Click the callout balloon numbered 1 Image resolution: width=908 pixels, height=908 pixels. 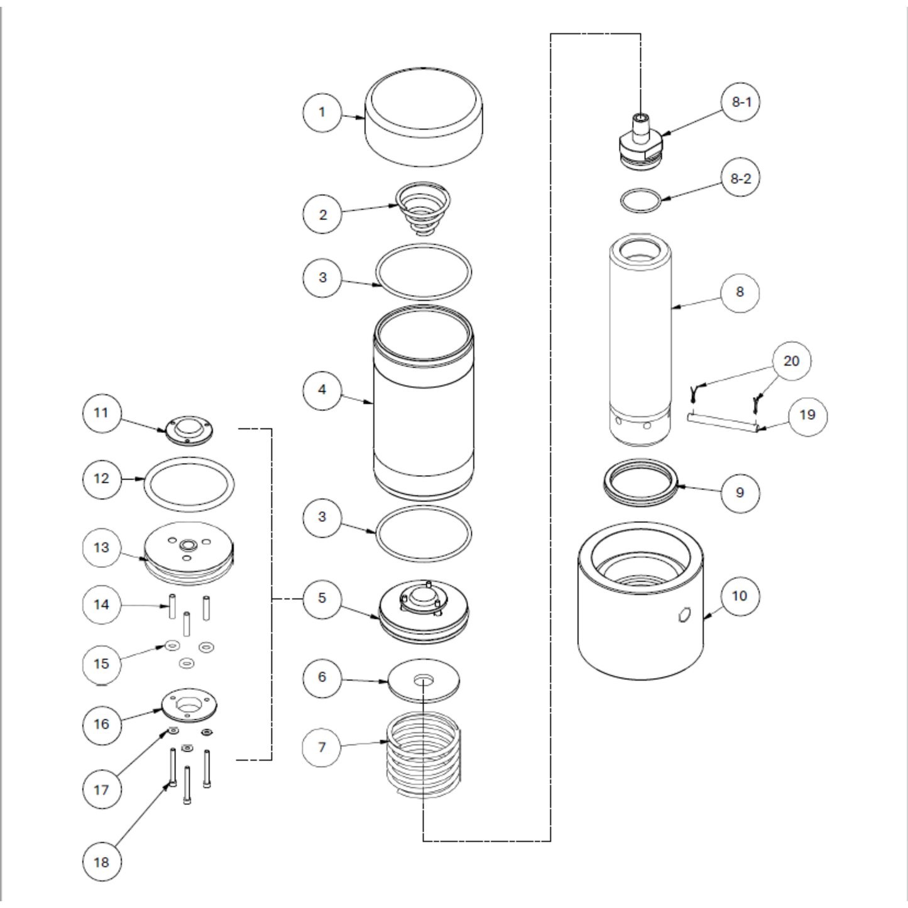pos(322,112)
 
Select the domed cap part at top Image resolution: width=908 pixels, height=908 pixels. pos(424,119)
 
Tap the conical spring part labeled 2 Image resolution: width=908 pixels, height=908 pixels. pos(423,207)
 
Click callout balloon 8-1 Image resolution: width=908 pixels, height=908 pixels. pos(741,102)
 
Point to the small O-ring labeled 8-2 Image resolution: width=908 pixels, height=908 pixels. pos(641,201)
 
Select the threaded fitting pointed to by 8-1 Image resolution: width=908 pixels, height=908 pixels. pos(640,142)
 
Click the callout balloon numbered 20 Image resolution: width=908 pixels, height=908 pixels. pos(790,361)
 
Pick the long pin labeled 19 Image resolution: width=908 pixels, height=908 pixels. pos(721,422)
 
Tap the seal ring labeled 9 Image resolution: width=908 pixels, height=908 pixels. pos(641,483)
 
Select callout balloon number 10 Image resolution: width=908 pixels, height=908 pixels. pos(740,596)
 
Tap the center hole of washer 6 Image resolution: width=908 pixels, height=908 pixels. pos(424,679)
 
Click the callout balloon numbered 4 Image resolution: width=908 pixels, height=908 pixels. pos(322,390)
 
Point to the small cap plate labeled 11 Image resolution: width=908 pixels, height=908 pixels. pos(189,430)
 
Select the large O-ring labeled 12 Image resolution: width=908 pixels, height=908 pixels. pos(189,484)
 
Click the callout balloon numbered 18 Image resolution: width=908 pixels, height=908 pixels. pos(101,862)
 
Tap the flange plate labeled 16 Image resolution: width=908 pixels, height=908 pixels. pos(189,705)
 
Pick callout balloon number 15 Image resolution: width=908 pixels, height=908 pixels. pos(101,664)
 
